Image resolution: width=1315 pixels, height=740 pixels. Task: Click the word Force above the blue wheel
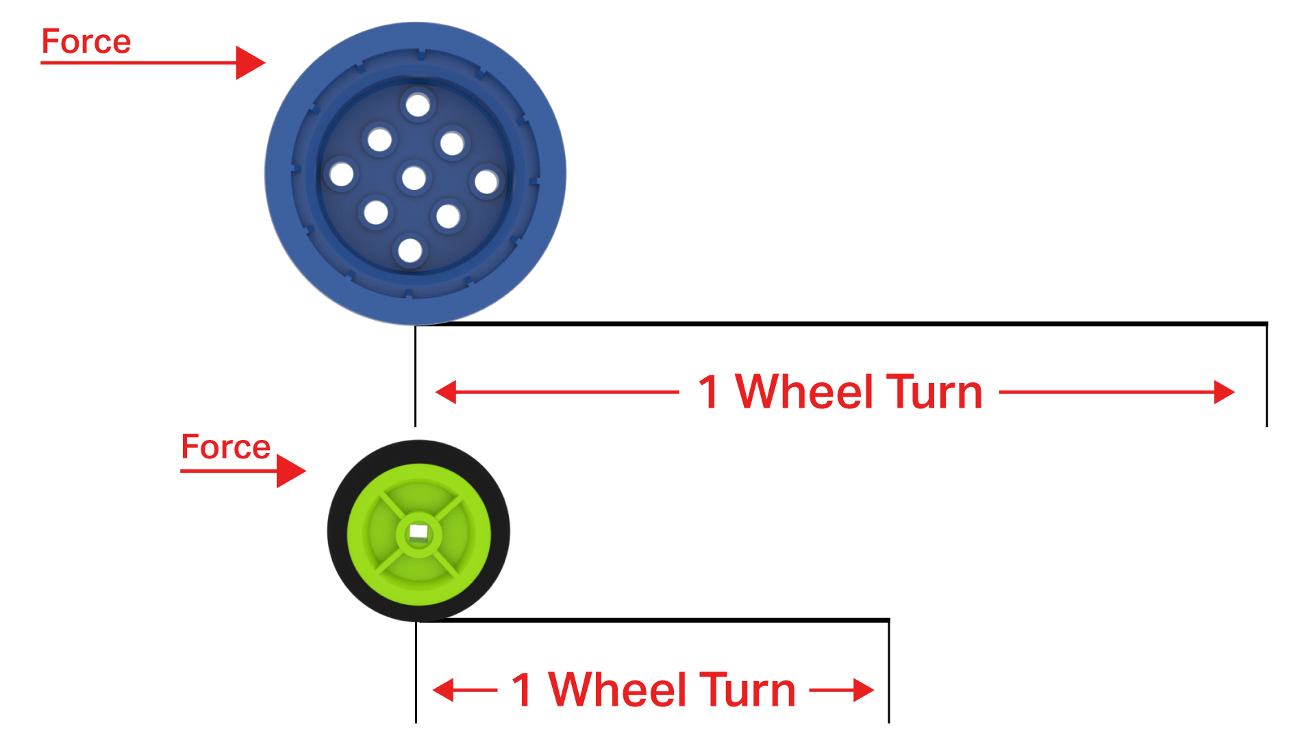[86, 42]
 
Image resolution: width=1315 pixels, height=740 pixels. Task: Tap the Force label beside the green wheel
[225, 447]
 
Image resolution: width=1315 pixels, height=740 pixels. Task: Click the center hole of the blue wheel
[414, 178]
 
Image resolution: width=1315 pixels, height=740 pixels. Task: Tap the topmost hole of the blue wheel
[417, 106]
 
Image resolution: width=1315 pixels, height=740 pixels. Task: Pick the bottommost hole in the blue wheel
[410, 250]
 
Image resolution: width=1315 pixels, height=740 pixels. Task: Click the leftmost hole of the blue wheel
[341, 174]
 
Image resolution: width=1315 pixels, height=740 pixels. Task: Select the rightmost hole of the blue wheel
[486, 182]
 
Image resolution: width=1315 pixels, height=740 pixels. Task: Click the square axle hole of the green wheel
[418, 532]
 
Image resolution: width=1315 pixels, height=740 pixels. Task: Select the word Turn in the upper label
[934, 393]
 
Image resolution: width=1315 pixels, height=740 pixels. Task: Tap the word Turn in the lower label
[747, 690]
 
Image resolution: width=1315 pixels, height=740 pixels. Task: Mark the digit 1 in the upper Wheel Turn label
[709, 393]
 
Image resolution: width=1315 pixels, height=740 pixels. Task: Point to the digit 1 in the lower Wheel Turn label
[523, 690]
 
